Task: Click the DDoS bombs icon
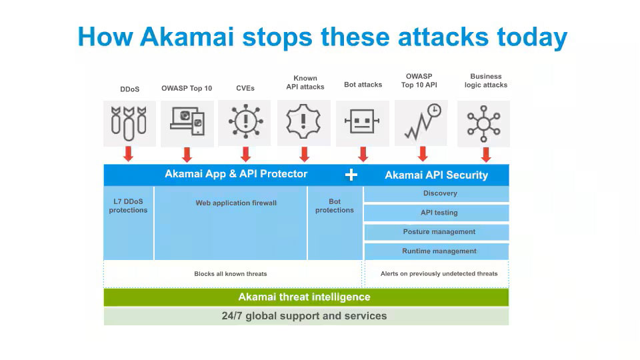coord(129,123)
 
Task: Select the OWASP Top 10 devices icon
coord(187,123)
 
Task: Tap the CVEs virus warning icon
coord(245,123)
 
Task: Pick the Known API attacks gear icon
coord(304,123)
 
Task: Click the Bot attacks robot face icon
coord(363,123)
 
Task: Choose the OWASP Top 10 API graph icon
coord(422,123)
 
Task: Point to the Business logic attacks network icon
coord(483,123)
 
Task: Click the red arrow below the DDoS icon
coord(129,154)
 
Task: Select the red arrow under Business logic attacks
coord(486,154)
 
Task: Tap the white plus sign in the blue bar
coord(351,175)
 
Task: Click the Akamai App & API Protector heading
coord(236,174)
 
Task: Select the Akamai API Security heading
coord(436,175)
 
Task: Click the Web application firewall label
coord(236,203)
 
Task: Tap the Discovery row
coord(437,193)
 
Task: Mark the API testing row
coord(437,213)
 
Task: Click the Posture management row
coord(437,232)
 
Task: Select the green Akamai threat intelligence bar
coord(306,297)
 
